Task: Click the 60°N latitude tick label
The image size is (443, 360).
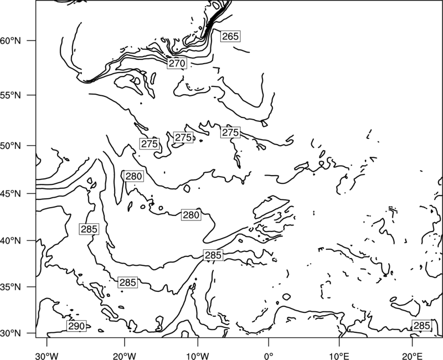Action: tap(11, 40)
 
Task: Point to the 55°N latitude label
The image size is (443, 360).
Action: tap(11, 95)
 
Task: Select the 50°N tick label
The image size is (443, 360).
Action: tap(11, 146)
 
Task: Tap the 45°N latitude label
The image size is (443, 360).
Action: tap(11, 193)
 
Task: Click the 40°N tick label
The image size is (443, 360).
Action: tap(11, 241)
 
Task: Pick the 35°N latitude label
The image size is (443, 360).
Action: tap(11, 287)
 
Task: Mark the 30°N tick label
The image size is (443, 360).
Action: tap(11, 333)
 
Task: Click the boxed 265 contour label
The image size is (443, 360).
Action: tap(230, 36)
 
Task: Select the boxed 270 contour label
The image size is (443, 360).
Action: tap(177, 63)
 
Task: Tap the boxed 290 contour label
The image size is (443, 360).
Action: tap(76, 326)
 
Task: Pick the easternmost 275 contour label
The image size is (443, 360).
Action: tap(230, 132)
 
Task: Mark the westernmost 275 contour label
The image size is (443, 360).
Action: tap(150, 144)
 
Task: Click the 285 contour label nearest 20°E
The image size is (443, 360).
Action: tap(422, 326)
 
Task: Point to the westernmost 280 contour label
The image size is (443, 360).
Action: tap(133, 176)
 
